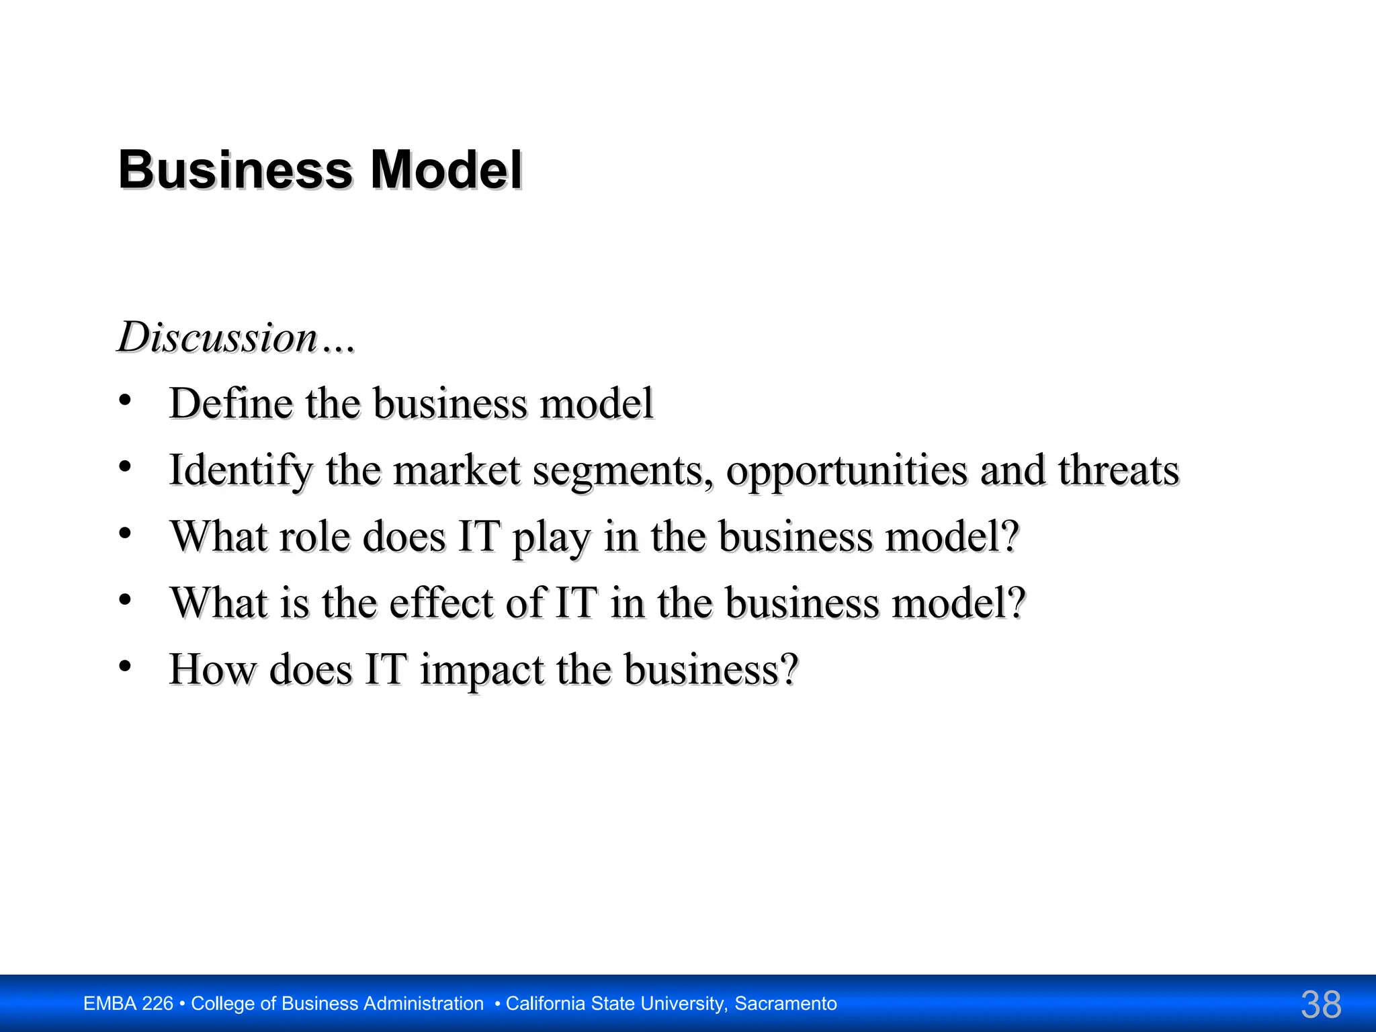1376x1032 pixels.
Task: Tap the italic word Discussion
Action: (x=217, y=337)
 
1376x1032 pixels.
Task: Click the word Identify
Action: (x=241, y=470)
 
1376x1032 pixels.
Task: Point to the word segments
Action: (x=622, y=470)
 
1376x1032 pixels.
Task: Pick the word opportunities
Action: (x=847, y=470)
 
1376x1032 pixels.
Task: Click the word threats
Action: (x=1119, y=470)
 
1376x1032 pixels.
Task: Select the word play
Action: (x=552, y=537)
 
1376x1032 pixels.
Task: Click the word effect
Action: (x=441, y=602)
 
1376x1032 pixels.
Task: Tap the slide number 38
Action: (x=1321, y=1004)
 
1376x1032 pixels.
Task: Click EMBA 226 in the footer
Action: (x=128, y=1004)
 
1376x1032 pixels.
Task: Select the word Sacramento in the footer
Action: (x=785, y=1004)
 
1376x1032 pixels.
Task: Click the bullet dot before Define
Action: (x=125, y=401)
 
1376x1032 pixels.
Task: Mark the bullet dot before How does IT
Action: (x=125, y=666)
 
